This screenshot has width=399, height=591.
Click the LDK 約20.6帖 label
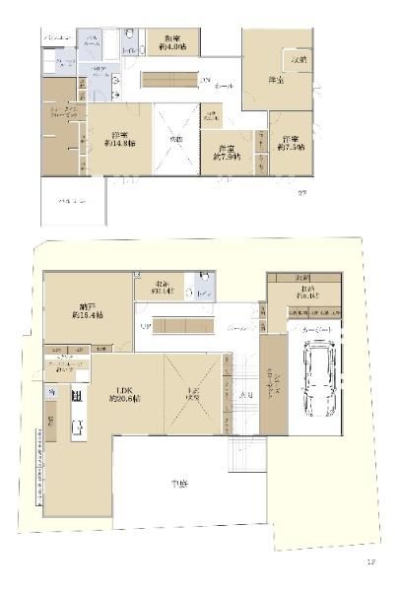point(125,395)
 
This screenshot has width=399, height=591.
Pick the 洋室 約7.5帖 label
point(289,143)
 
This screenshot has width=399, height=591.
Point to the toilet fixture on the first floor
point(201,293)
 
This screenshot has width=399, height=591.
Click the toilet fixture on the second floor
point(130,43)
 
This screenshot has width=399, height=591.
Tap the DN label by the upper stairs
point(205,79)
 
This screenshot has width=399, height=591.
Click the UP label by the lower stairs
point(144,325)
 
